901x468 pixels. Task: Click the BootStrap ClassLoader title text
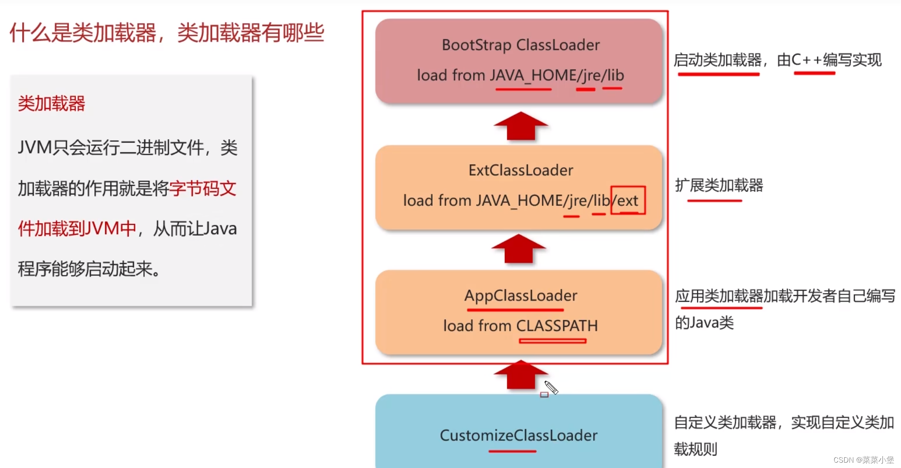[x=520, y=45]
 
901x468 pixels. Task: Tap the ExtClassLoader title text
[x=520, y=170]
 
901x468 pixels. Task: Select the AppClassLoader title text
[x=520, y=295]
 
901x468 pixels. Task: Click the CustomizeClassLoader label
[x=518, y=435]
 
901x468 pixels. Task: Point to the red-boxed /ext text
[x=627, y=201]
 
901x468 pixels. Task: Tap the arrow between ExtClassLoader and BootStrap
[x=520, y=126]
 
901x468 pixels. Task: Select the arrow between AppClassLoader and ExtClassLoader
[x=518, y=249]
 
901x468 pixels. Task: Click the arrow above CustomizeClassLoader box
[x=520, y=375]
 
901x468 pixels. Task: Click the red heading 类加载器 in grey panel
[x=51, y=104]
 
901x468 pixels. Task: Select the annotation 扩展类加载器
[x=719, y=185]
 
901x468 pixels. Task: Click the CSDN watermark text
[x=863, y=460]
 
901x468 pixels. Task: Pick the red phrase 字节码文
[x=203, y=189]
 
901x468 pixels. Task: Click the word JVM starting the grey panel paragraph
[x=35, y=148]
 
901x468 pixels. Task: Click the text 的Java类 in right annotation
[x=704, y=322]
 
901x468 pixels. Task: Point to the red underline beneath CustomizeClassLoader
[x=512, y=451]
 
